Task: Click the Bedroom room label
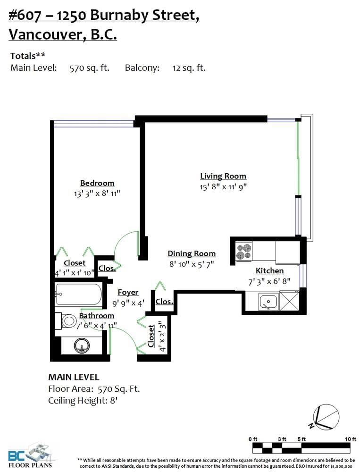97,183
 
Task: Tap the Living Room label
223,176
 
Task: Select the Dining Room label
192,254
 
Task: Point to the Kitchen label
269,270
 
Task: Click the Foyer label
128,292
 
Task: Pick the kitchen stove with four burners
244,252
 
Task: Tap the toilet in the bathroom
66,321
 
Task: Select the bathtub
79,294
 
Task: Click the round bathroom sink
82,346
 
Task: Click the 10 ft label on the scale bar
351,439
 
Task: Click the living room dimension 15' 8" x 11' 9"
223,186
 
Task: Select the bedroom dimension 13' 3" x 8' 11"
97,193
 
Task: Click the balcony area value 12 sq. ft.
189,68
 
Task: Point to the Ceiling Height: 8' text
83,401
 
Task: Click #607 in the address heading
25,15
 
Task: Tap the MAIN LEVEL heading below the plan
74,377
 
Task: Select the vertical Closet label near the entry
151,336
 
